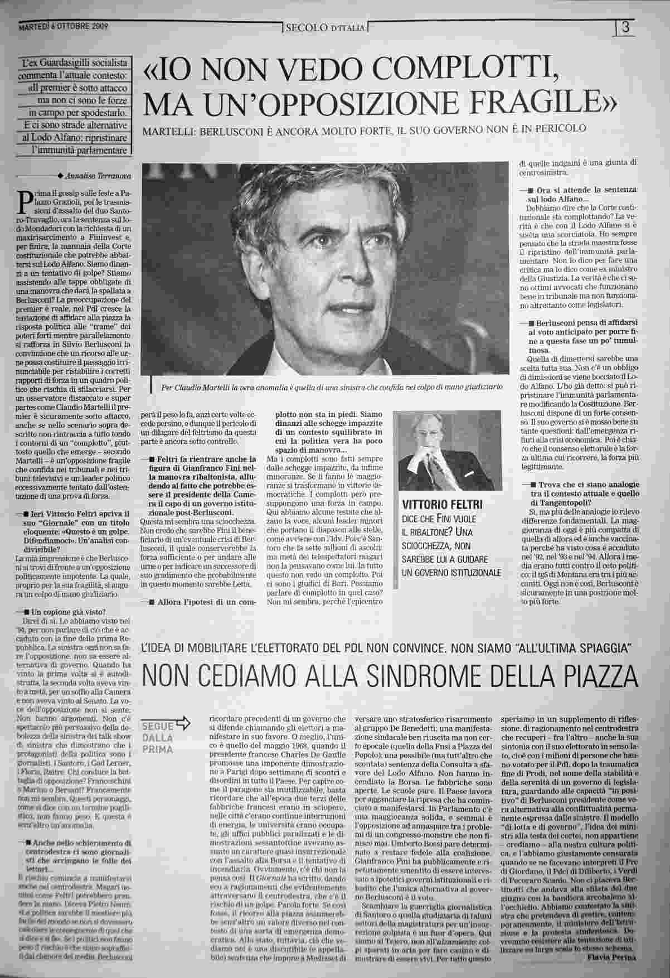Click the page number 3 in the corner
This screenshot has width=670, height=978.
pyautogui.click(x=625, y=27)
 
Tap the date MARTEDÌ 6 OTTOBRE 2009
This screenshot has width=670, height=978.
pyautogui.click(x=63, y=26)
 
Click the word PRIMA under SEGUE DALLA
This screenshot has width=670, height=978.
pyautogui.click(x=157, y=749)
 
